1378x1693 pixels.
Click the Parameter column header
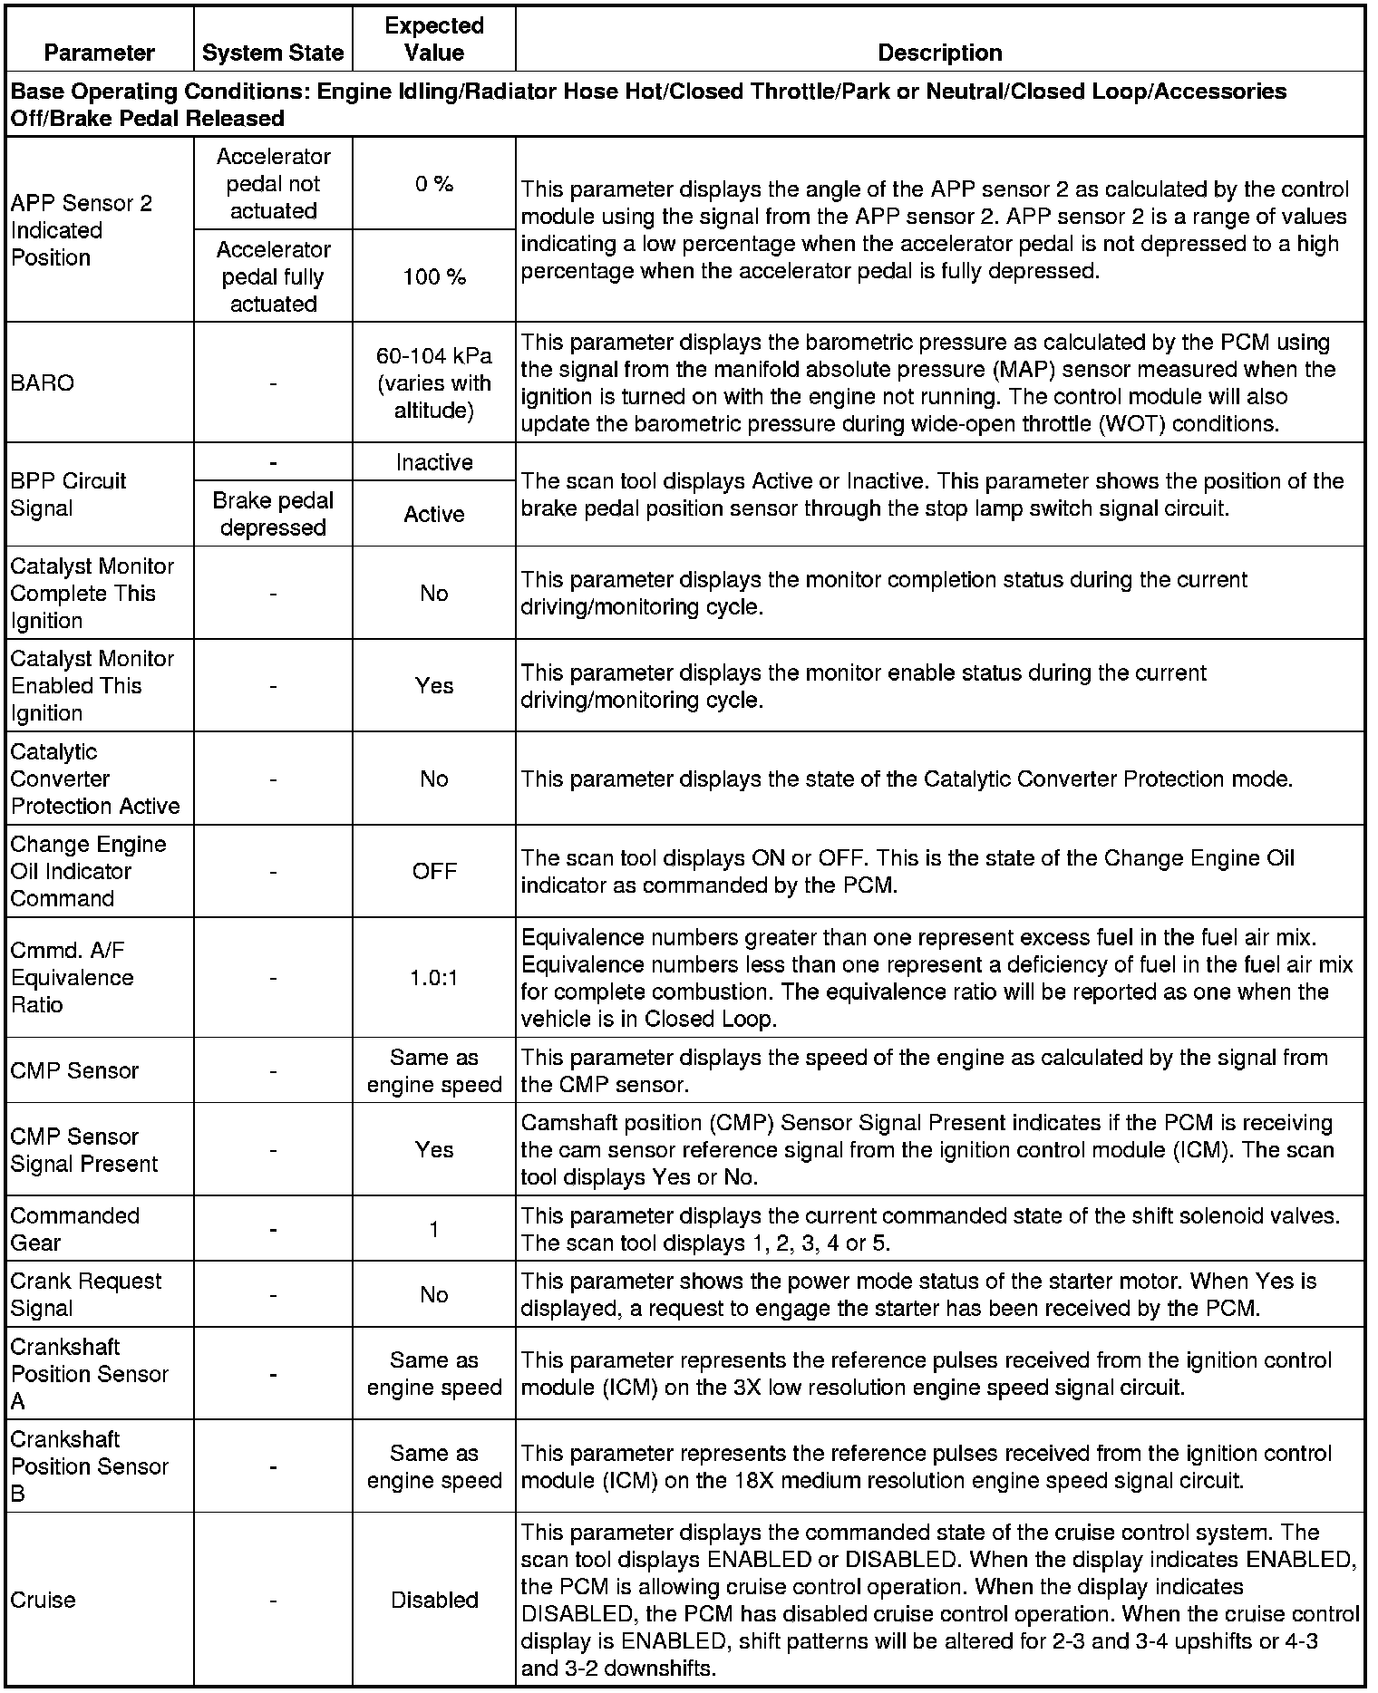click(100, 53)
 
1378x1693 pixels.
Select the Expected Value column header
click(434, 39)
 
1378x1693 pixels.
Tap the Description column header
click(940, 53)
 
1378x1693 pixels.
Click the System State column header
click(273, 53)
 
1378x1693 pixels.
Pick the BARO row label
click(42, 382)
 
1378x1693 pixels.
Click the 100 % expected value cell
click(434, 276)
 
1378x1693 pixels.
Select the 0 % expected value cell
click(434, 184)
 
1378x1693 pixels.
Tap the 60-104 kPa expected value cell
click(434, 382)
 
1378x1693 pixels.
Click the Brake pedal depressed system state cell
click(273, 514)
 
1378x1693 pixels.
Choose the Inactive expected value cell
click(434, 462)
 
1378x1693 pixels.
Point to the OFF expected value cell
click(434, 871)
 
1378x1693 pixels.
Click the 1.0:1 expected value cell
click(434, 978)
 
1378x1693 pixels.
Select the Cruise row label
click(43, 1600)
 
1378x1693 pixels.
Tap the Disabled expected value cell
click(434, 1600)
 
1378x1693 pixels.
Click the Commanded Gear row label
click(75, 1229)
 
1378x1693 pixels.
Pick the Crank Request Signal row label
click(85, 1294)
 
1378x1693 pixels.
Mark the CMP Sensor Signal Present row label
click(84, 1149)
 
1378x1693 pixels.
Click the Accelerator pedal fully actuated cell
click(273, 276)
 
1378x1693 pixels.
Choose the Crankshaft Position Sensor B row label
click(89, 1466)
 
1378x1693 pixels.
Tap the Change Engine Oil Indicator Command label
click(88, 871)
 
